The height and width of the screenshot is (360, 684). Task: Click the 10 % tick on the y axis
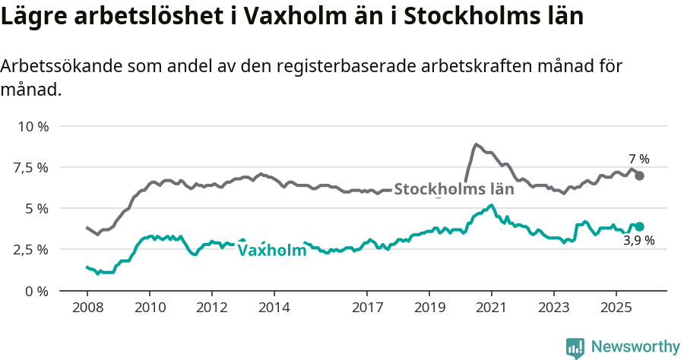point(32,126)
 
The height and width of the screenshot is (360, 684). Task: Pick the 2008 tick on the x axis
point(87,308)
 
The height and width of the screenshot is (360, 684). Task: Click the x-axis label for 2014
point(274,308)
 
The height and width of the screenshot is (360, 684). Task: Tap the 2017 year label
point(367,308)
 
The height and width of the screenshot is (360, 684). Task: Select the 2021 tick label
point(491,308)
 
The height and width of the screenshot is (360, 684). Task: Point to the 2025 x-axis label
point(616,308)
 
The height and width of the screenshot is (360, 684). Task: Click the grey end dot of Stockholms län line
point(640,175)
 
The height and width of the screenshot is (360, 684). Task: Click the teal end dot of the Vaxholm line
point(640,226)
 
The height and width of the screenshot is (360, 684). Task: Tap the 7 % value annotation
point(639,159)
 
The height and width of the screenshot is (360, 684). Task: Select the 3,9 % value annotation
point(639,242)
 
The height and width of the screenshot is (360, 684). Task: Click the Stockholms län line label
point(454,189)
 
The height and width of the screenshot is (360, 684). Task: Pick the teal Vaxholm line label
point(272,251)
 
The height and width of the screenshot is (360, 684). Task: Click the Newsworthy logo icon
point(575,347)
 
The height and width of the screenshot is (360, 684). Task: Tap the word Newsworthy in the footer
point(635,347)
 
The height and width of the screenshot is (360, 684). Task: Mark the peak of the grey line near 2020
point(476,144)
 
